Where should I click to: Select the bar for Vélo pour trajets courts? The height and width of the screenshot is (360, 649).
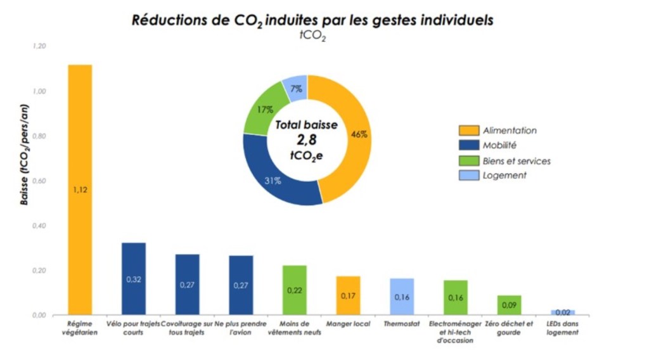tap(134, 278)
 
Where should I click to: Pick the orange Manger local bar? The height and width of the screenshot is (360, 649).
tap(348, 295)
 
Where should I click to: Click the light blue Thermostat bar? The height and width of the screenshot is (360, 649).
tap(402, 296)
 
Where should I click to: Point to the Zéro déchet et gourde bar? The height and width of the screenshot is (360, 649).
tap(509, 305)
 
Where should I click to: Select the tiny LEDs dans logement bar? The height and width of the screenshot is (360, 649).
tap(563, 312)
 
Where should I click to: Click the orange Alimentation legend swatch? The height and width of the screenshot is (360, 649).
tap(468, 131)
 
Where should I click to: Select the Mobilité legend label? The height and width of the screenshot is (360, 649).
tap(500, 145)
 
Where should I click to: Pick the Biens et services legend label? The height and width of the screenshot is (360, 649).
tap(517, 160)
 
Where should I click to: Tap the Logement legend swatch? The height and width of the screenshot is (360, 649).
tap(468, 176)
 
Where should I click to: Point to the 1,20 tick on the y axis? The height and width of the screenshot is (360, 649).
tap(39, 47)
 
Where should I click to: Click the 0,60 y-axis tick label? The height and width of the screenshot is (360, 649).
tap(39, 181)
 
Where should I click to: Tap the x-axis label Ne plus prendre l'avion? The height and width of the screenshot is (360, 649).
tap(241, 328)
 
